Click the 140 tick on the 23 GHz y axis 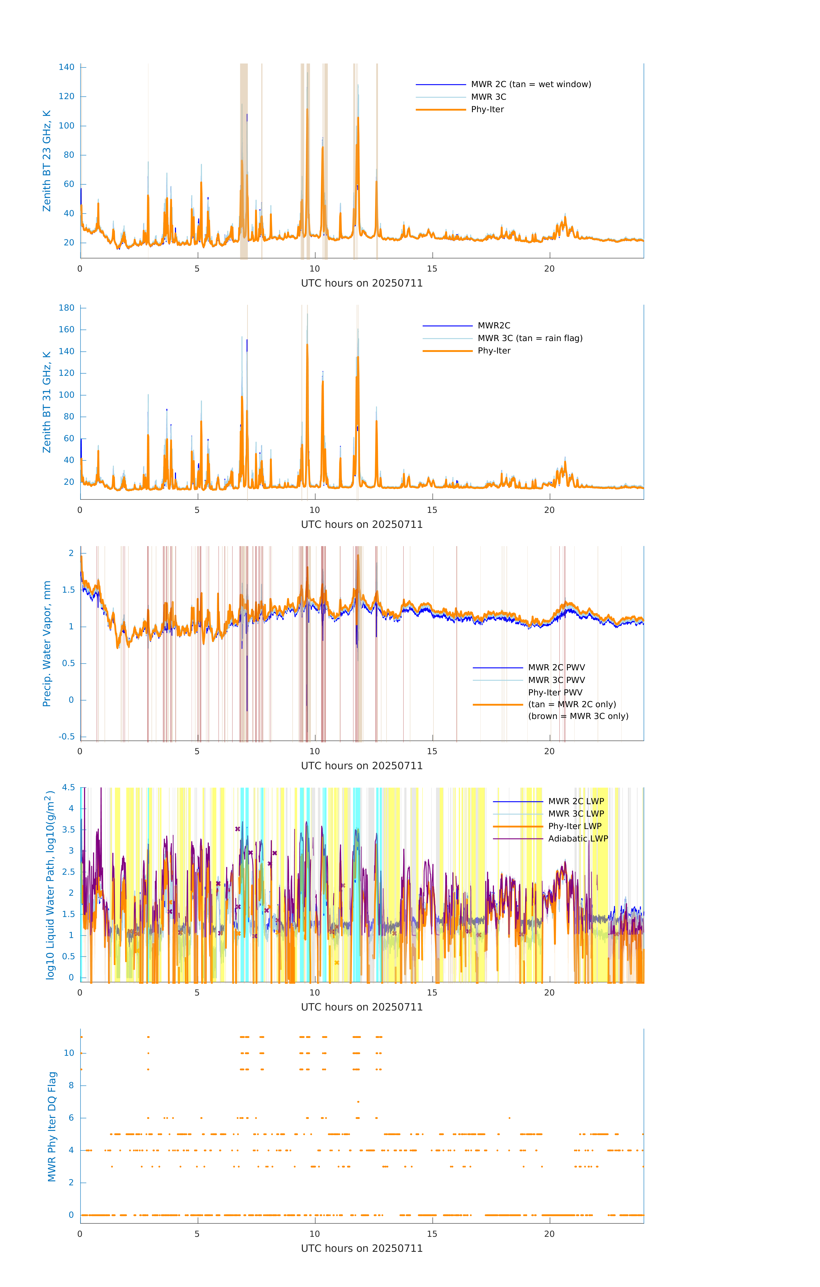67,67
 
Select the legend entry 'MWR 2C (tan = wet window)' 530,85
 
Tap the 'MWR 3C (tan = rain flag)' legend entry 530,338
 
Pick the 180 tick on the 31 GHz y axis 67,308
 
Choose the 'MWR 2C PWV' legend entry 556,668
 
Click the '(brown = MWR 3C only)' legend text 578,716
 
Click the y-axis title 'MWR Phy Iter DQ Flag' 52,1127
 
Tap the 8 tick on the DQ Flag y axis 71,1086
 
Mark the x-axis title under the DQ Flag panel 362,1249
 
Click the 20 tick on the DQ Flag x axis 549,1234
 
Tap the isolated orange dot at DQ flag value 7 358,1101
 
